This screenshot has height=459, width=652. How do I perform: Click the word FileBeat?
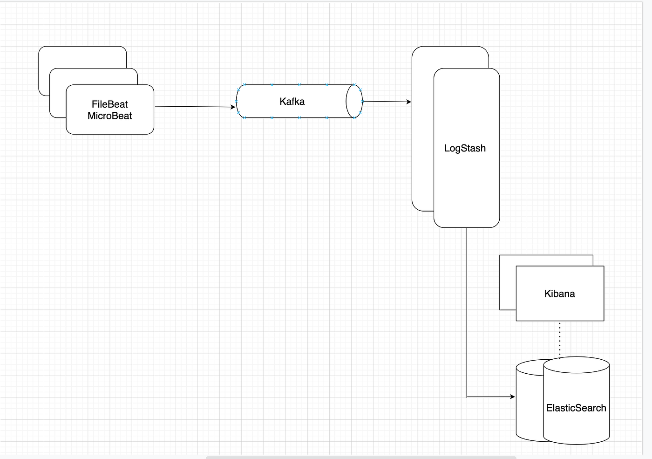109,104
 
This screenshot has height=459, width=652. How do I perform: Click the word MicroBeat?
109,116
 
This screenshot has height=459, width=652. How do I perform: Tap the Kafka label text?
292,102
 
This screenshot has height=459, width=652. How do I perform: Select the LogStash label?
465,148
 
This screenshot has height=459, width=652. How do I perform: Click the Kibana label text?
559,294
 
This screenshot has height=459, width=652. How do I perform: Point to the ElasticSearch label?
576,408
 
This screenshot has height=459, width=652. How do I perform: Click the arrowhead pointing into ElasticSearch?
512,397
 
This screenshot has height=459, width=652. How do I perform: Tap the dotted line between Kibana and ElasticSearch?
560,339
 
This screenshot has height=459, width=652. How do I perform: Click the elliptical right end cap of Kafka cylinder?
354,102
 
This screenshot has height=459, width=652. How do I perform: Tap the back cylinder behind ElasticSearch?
529,401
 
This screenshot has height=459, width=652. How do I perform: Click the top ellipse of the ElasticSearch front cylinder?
577,365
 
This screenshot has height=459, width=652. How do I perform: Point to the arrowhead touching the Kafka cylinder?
233,107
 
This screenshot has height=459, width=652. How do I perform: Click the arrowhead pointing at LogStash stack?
409,102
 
